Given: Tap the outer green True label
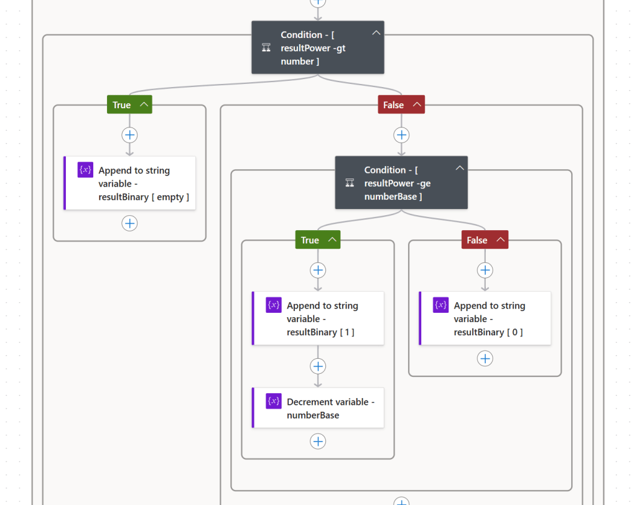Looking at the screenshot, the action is tap(122, 104).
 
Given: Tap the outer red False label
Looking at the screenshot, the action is tap(393, 104).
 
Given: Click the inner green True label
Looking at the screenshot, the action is tap(310, 240).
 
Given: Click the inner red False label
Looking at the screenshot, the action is tap(477, 240).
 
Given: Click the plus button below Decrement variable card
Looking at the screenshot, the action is tap(318, 441).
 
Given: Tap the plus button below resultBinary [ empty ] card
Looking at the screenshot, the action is tap(129, 223).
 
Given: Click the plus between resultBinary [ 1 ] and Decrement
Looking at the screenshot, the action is tap(318, 366).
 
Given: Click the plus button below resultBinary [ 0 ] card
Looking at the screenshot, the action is tap(485, 358).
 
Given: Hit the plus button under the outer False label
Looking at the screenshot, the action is tap(401, 135).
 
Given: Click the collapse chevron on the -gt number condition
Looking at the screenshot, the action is tap(376, 33).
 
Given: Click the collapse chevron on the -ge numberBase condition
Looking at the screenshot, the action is tap(459, 168).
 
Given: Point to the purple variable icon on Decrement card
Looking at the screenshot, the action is tap(274, 401).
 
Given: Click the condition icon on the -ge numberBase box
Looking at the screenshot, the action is tap(350, 183).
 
